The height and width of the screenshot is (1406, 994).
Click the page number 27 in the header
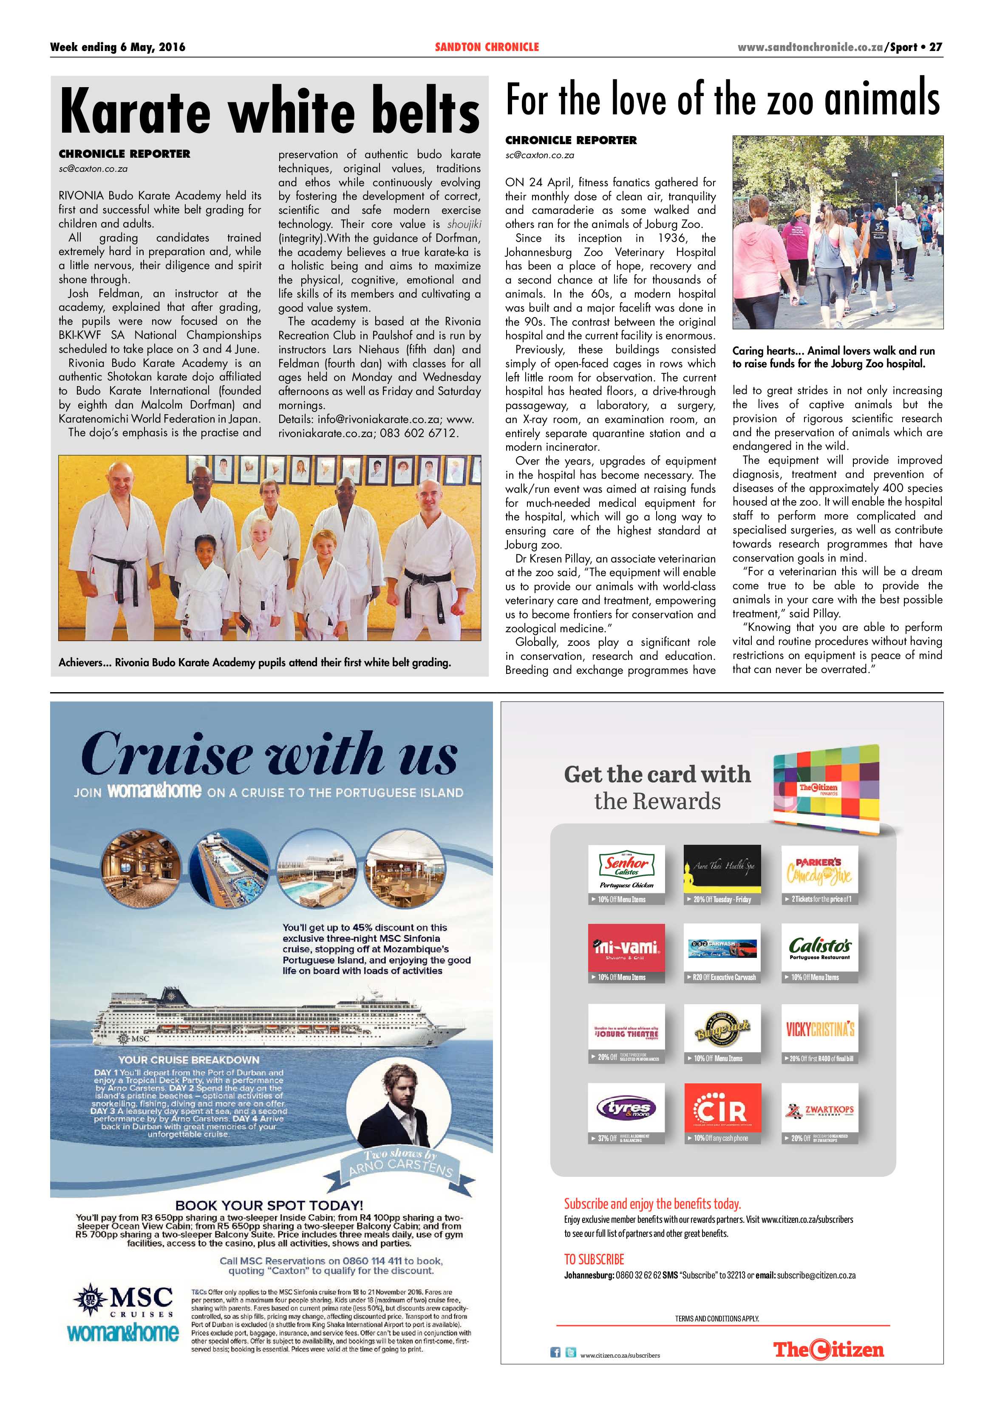tap(935, 47)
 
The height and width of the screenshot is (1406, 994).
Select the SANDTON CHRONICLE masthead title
tap(487, 47)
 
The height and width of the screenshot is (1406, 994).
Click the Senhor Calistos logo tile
tap(626, 868)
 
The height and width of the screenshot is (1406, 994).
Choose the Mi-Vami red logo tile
tap(626, 947)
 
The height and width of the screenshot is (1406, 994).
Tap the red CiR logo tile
tap(722, 1107)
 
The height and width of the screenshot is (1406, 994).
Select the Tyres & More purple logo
tap(626, 1107)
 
